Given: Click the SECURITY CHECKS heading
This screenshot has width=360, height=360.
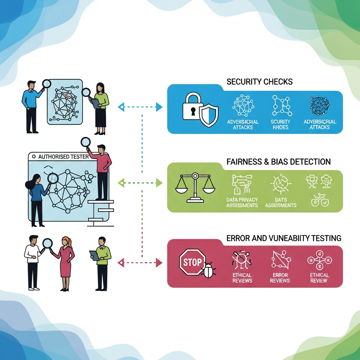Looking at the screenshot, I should click(259, 82).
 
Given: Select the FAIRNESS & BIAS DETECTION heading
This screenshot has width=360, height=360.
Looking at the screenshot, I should click(279, 162).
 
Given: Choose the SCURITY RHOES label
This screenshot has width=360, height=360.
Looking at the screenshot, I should click(281, 124).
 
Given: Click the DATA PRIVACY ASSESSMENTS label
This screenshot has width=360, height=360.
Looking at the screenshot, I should click(243, 202).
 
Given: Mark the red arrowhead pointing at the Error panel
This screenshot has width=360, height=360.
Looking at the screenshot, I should click(159, 262).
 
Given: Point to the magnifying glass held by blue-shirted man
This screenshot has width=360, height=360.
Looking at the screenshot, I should click(46, 84).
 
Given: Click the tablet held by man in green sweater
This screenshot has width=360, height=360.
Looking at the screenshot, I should click(94, 255).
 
